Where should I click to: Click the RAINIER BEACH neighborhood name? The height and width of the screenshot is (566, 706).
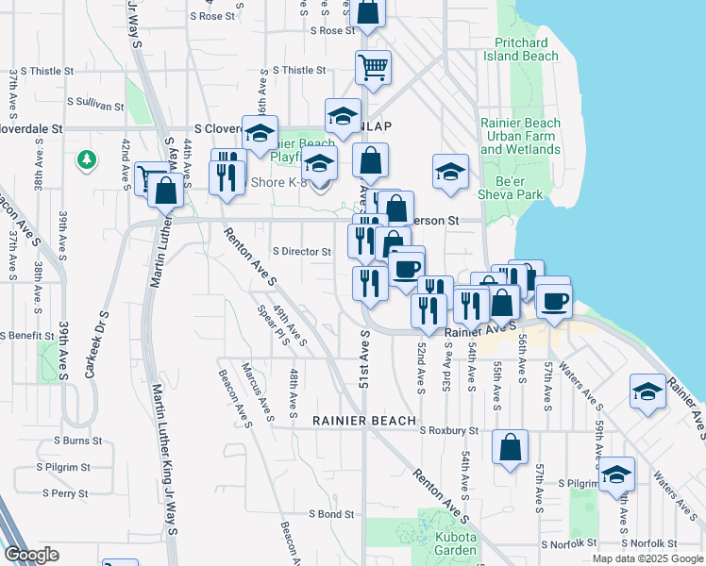click(x=363, y=421)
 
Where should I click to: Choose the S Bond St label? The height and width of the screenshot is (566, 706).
click(x=331, y=515)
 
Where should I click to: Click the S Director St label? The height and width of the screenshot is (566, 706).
click(x=302, y=252)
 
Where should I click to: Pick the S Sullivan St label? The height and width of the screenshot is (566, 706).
click(x=95, y=105)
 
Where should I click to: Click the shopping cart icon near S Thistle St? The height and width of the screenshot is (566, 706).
click(x=373, y=67)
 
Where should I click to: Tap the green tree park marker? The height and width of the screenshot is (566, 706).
click(x=87, y=159)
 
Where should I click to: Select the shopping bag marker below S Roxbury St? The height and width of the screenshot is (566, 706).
click(x=510, y=447)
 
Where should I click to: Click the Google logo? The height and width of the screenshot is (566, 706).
click(x=31, y=556)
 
